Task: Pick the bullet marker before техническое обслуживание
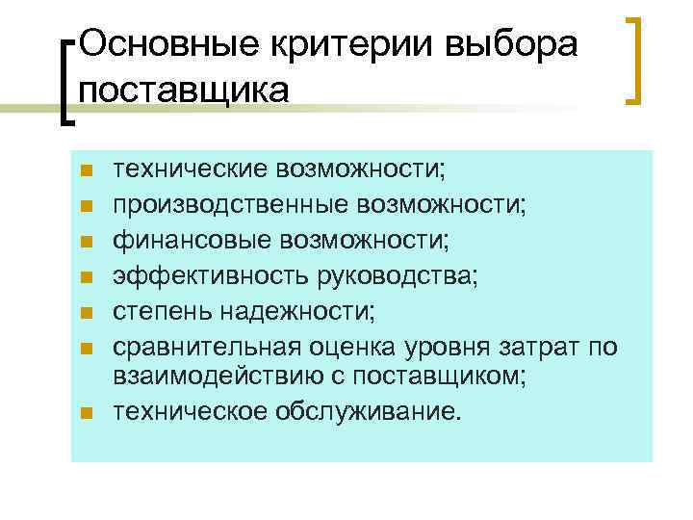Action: (x=86, y=414)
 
